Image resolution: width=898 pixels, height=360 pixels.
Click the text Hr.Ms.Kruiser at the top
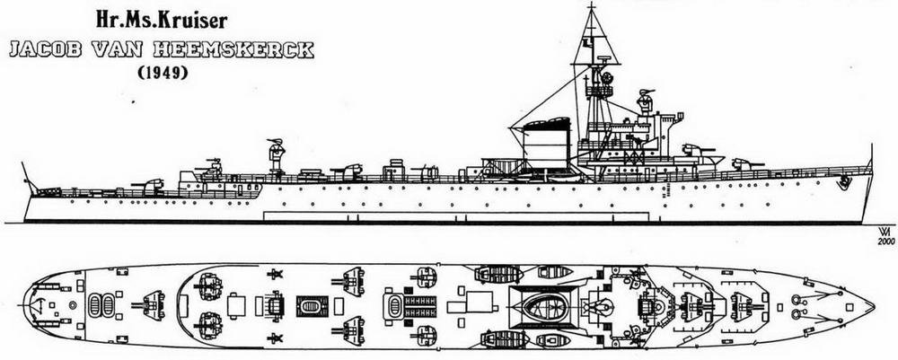point(162,22)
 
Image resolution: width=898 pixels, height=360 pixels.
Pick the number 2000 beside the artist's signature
point(885,241)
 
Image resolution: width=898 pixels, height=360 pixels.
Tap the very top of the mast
point(592,4)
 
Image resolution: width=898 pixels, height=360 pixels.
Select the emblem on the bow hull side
point(843,182)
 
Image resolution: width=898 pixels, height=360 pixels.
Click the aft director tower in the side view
point(277,154)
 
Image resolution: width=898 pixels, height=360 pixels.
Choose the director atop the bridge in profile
point(645,101)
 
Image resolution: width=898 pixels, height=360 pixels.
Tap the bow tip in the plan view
point(874,305)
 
